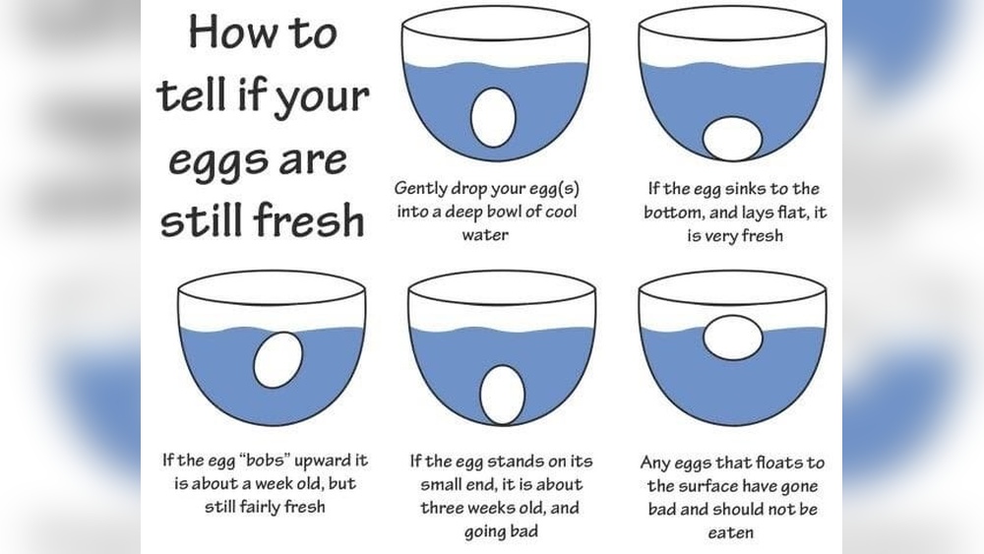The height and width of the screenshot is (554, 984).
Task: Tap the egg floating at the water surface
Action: pos(733,338)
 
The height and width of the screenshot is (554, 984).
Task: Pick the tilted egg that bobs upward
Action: pos(277,359)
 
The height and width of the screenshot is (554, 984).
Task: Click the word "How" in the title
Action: pos(226,32)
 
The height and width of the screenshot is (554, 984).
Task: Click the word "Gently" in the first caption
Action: pos(425,188)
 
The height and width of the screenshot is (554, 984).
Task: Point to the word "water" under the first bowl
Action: pos(485,235)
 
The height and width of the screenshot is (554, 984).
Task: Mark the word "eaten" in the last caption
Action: pos(732,532)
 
